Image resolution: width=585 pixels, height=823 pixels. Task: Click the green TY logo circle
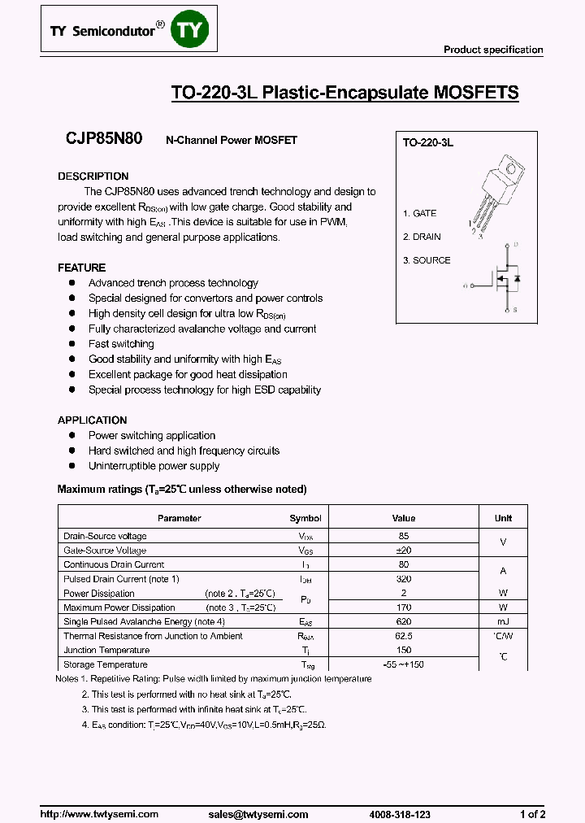click(192, 31)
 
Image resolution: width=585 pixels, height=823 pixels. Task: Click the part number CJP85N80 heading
click(104, 139)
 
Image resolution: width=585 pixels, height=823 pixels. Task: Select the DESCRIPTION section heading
click(93, 176)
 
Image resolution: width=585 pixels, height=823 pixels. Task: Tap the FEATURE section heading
click(82, 268)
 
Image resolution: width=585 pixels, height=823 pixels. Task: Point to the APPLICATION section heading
click(93, 420)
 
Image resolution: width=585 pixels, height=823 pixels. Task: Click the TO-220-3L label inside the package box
click(428, 142)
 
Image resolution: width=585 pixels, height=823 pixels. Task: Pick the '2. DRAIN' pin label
click(422, 237)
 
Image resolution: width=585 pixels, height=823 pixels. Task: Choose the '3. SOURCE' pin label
click(427, 260)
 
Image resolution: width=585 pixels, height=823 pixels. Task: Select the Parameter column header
click(180, 518)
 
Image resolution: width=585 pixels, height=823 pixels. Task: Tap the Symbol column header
click(305, 518)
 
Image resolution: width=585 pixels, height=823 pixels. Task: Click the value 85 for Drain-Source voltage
click(404, 536)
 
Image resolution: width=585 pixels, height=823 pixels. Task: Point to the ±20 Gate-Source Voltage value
click(404, 551)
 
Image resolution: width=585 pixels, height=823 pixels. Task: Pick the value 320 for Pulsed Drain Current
click(404, 579)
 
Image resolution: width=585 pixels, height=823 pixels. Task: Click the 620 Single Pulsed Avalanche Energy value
click(404, 622)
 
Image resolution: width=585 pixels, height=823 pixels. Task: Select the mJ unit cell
click(503, 622)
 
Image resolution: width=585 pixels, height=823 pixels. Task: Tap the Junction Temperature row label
click(106, 651)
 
